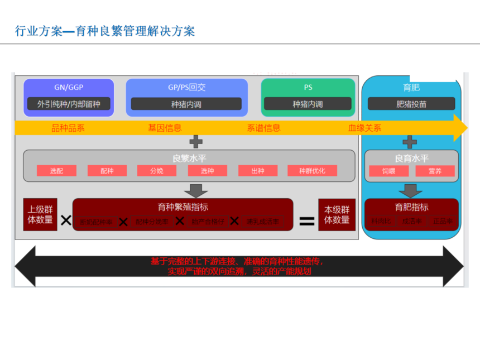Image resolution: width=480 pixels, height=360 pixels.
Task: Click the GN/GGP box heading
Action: tap(69, 88)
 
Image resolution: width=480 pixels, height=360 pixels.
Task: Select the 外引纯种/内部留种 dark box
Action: tap(69, 104)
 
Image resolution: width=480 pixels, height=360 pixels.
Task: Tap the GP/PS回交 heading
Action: tap(187, 88)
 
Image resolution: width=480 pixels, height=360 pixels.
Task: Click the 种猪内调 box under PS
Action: tap(308, 104)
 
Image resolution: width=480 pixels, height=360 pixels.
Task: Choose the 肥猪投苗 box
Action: tap(411, 104)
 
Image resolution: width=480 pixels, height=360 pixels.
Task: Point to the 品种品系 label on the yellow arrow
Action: tap(68, 128)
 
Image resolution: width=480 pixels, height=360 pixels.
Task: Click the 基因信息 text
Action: tap(165, 128)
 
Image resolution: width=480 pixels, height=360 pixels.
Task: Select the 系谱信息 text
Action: tap(263, 128)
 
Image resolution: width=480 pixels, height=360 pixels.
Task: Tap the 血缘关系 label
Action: tap(364, 128)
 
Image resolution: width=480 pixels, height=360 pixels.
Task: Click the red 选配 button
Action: tap(56, 171)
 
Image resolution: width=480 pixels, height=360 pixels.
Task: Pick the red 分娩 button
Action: tap(157, 171)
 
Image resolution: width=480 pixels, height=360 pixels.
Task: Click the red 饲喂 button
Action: tap(388, 171)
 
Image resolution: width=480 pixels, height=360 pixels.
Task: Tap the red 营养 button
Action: tap(435, 171)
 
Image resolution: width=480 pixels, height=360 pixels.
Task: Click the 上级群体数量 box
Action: tap(40, 215)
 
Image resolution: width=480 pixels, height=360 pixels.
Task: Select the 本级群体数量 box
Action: tap(337, 215)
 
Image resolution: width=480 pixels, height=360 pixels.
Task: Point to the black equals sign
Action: tap(307, 221)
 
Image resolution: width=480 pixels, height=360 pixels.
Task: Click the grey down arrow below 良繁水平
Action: tap(195, 190)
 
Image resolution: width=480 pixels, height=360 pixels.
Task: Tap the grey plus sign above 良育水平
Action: tap(410, 142)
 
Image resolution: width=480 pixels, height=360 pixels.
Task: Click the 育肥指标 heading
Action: tap(411, 207)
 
